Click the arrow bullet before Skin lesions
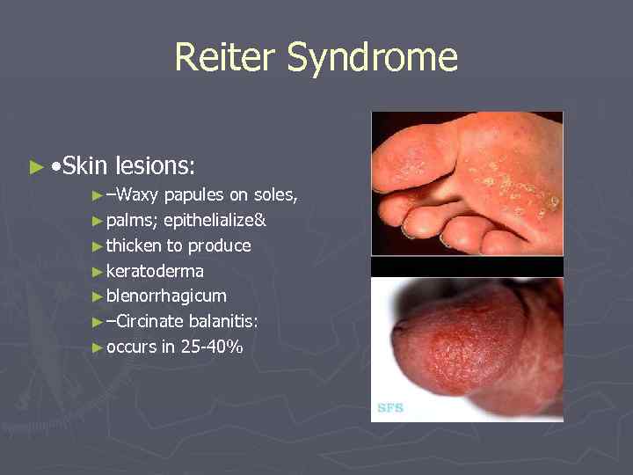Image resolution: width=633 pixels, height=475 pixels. [36, 165]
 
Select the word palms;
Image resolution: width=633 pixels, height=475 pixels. [132, 221]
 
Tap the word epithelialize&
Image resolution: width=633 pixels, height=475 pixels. [215, 221]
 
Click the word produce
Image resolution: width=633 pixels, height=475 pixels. [219, 246]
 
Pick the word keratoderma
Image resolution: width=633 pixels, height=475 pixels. [155, 271]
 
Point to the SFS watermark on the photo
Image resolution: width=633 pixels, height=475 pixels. [390, 408]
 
